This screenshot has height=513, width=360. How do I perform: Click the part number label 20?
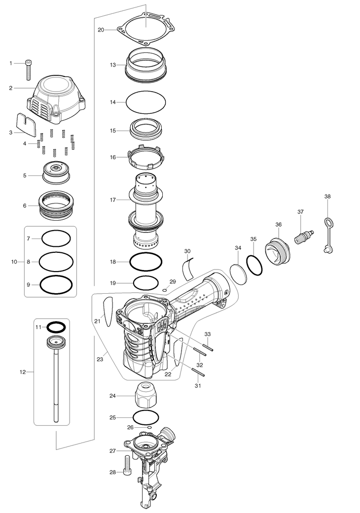point(101,30)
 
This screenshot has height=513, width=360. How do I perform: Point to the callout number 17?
point(113,200)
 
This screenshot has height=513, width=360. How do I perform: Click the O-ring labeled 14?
point(146,103)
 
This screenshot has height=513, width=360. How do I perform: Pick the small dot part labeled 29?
point(165,290)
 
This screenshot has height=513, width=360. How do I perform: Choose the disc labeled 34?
point(238,273)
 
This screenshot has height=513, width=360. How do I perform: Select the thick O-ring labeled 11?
point(56,326)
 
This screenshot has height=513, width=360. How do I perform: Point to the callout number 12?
point(22,372)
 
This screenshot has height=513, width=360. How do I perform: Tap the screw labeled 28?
point(128,465)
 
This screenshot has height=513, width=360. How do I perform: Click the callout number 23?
point(100,360)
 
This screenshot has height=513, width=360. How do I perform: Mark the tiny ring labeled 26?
point(143,427)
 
